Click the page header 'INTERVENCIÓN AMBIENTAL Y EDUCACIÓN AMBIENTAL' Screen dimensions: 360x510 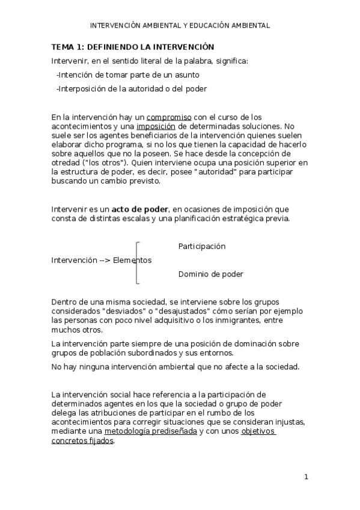pos(180,26)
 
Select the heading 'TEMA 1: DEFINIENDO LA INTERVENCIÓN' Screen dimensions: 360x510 pos(132,46)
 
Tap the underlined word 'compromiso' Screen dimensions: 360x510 pos(169,117)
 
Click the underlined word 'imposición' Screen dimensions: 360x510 pos(156,126)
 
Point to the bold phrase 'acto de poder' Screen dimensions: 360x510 pos(140,209)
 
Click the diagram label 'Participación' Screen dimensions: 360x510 pos(202,247)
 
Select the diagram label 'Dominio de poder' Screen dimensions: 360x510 pos(210,274)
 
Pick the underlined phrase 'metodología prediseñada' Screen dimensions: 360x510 pos(150,431)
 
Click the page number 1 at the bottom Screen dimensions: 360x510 pos(306,477)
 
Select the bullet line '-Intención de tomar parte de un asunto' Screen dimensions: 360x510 pos(127,75)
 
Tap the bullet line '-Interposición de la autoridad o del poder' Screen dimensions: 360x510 pos(131,89)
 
